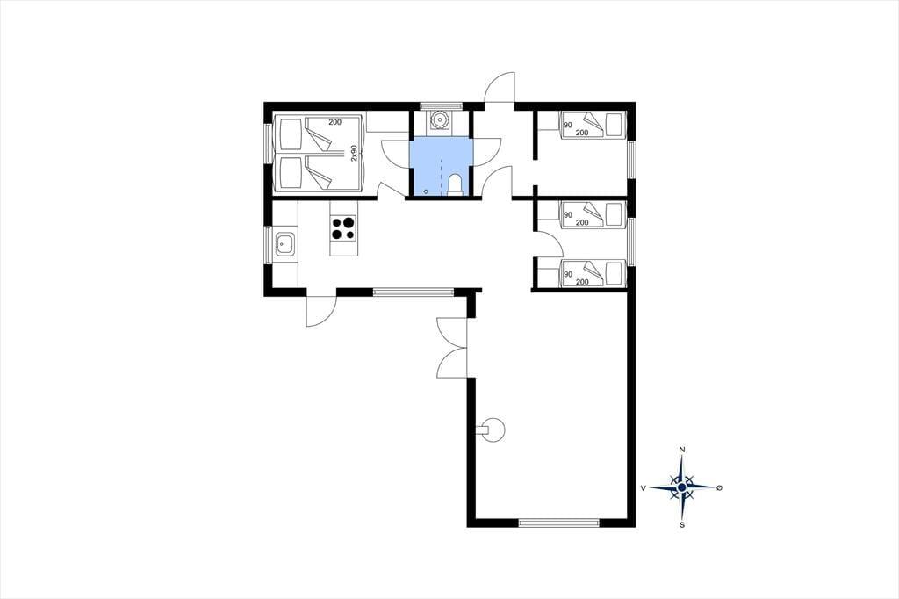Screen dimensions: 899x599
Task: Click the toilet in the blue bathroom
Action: click(455, 185)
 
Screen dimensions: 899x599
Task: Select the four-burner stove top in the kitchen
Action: click(343, 227)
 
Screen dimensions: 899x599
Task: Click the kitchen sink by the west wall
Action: click(285, 244)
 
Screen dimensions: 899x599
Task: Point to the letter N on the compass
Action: click(681, 450)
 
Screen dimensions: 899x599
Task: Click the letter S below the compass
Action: click(681, 524)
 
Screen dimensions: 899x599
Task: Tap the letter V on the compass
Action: click(644, 487)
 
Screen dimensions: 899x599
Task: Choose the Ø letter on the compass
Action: click(720, 487)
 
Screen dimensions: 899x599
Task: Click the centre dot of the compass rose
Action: click(681, 487)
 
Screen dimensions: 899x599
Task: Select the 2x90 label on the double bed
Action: click(354, 153)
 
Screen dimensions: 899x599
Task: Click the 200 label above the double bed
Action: click(334, 121)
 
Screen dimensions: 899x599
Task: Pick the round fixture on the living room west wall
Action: click(493, 429)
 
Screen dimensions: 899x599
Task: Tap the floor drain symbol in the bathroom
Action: click(426, 191)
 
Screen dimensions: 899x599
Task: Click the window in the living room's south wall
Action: click(559, 522)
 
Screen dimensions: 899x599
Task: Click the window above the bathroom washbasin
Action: click(441, 105)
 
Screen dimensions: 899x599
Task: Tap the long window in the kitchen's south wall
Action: click(414, 292)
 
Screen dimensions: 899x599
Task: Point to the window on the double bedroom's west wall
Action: click(268, 143)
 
